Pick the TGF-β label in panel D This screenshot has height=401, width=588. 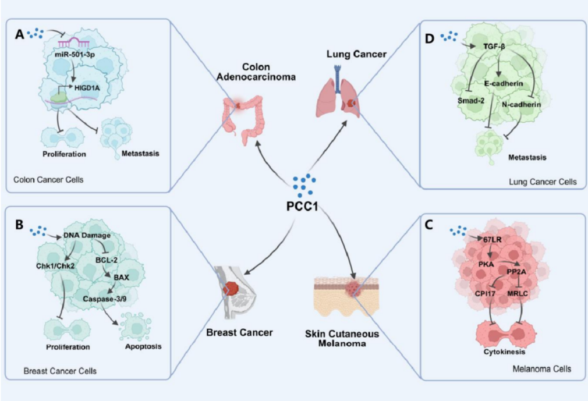tap(494, 45)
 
